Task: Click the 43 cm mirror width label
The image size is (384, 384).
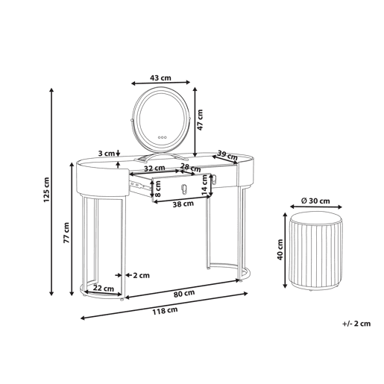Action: point(160,78)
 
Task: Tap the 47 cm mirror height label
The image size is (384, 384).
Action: point(200,120)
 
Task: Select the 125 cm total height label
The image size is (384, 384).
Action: point(46,189)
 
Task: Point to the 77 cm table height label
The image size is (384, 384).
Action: point(66,233)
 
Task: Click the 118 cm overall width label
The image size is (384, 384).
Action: point(165,310)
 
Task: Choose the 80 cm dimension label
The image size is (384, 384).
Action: point(184,294)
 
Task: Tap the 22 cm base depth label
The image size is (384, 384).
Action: point(104,289)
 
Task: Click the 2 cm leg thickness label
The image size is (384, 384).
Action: point(142,275)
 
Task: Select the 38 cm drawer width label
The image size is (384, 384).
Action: point(183,204)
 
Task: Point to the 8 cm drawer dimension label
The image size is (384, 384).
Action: point(158,189)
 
